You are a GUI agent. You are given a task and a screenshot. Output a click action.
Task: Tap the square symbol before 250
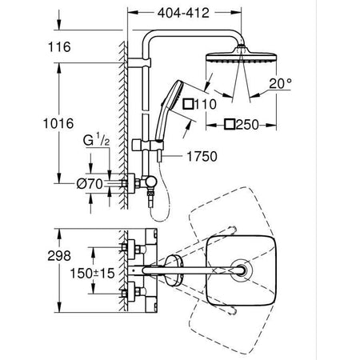230,124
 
